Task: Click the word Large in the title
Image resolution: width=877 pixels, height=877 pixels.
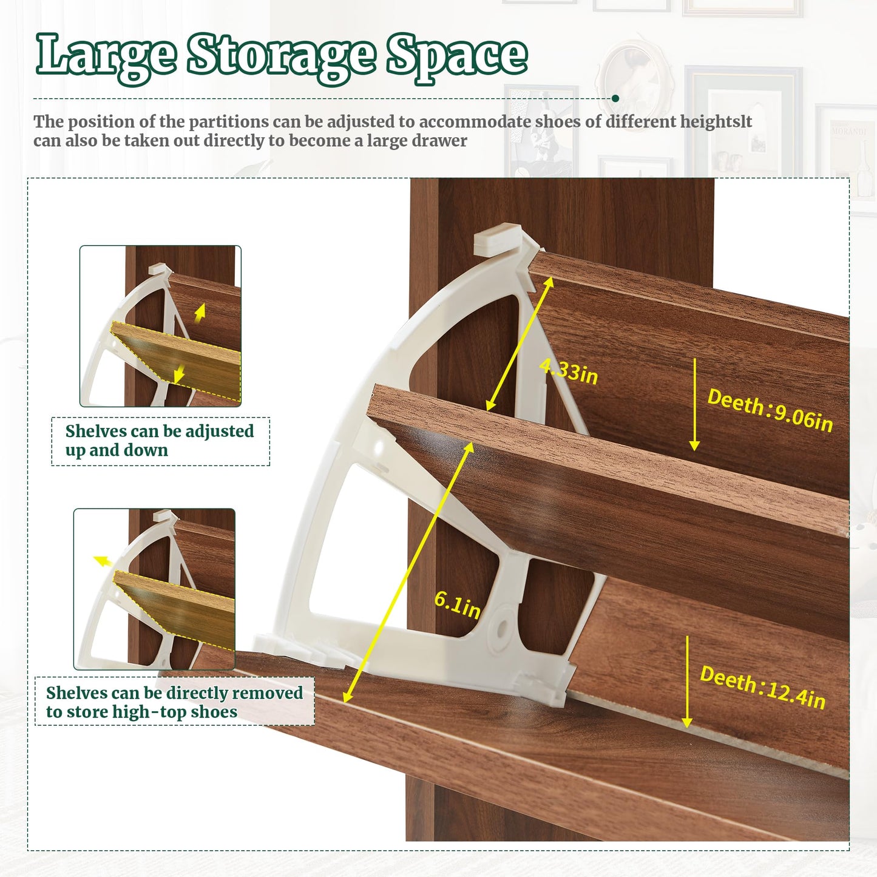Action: click(x=106, y=58)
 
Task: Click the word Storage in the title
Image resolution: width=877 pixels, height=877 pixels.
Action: click(x=282, y=58)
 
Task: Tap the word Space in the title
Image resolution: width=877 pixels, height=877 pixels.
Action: click(x=457, y=58)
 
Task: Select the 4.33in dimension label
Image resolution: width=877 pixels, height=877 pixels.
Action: click(x=569, y=371)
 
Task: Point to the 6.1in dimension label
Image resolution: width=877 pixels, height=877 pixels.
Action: click(x=458, y=605)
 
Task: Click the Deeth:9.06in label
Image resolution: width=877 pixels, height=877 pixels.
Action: click(x=770, y=410)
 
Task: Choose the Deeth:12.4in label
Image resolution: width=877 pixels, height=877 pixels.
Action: click(x=763, y=687)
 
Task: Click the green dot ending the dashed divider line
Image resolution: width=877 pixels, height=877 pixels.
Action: click(x=615, y=98)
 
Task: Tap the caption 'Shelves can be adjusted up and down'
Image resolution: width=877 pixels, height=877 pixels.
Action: click(x=160, y=441)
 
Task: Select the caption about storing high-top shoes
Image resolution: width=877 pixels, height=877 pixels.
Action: click(x=174, y=702)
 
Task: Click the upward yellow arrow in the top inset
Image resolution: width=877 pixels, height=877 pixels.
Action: click(x=200, y=313)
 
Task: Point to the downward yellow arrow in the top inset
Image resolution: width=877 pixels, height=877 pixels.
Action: click(x=179, y=373)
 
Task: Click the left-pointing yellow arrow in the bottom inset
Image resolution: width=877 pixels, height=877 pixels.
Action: click(x=103, y=561)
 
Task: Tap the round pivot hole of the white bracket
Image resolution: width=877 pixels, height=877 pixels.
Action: click(x=501, y=629)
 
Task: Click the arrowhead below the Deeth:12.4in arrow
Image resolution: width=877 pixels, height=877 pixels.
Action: click(x=687, y=722)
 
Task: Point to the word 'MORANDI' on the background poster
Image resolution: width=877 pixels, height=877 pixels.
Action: click(x=849, y=130)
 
